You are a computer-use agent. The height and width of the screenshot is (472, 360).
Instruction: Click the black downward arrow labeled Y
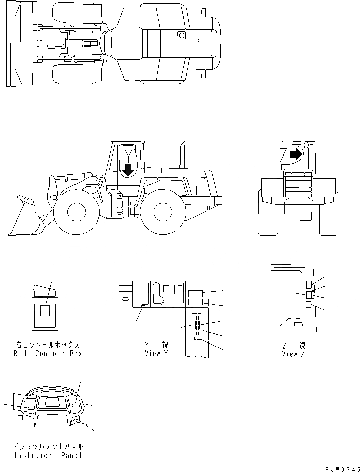point(128,169)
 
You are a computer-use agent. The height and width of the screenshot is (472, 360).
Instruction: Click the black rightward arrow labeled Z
point(296,154)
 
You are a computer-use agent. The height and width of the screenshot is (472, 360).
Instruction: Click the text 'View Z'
point(293,353)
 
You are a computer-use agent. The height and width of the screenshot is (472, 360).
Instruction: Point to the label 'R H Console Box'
point(47,353)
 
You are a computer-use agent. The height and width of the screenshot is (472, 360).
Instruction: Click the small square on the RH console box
point(45,311)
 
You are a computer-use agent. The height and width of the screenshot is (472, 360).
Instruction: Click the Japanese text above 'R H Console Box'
point(47,345)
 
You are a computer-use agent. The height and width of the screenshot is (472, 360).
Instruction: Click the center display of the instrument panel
point(51,402)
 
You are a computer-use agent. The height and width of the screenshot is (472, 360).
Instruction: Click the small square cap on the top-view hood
point(181,35)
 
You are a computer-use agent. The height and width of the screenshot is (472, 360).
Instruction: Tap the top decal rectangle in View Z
point(308,285)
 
